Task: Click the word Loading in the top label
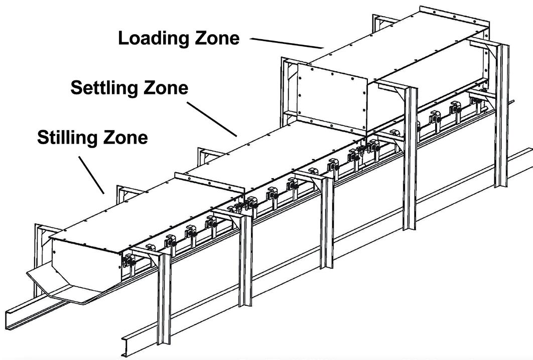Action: click(x=150, y=38)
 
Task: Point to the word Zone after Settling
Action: click(x=161, y=88)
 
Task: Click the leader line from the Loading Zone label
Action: click(x=287, y=42)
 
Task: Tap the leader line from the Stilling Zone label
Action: click(x=91, y=174)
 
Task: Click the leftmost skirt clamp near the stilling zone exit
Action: click(x=130, y=260)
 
